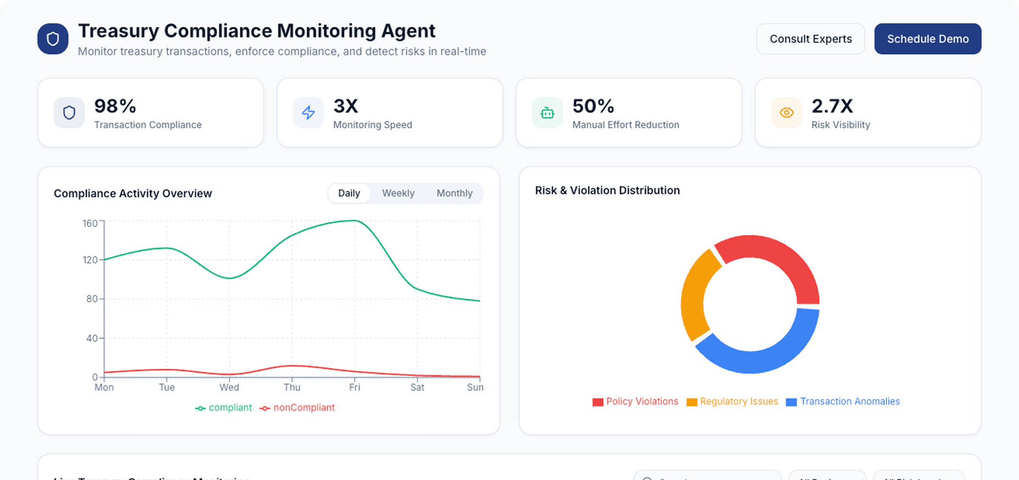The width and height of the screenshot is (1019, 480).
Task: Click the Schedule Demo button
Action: coord(928,39)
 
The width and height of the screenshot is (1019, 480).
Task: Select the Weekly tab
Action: coord(398,193)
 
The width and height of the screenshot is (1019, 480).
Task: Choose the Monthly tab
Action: coord(454,193)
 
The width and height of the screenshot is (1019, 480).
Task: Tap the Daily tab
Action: coord(349,193)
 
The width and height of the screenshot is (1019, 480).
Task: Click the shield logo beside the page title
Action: coord(53,39)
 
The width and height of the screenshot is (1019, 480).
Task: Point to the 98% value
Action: coord(115,106)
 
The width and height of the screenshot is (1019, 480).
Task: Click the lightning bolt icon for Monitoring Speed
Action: coord(308,112)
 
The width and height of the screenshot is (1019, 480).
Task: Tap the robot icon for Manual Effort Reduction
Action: coord(547,113)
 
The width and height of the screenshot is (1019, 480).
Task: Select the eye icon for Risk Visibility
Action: coord(786,112)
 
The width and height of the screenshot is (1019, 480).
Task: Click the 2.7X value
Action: coord(832,106)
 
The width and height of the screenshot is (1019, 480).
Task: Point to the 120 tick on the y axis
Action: coord(90,260)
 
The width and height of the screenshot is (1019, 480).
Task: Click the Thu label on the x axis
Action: coord(292,387)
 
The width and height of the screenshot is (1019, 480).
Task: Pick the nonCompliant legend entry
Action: coord(298,408)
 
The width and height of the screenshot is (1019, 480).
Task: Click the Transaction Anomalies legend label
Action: coord(850,402)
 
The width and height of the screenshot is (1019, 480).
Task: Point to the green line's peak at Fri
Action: coord(354,221)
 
